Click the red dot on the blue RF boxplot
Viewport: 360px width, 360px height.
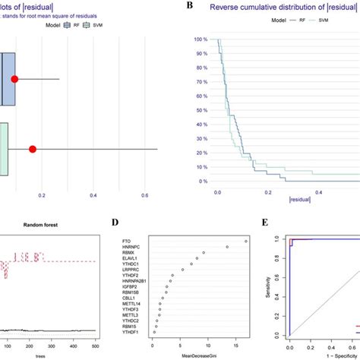click(x=15, y=79)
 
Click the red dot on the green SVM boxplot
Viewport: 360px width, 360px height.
click(x=33, y=149)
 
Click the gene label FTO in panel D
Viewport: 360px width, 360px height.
click(x=126, y=241)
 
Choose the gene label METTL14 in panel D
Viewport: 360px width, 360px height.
click(x=129, y=302)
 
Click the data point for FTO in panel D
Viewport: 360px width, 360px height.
click(x=245, y=241)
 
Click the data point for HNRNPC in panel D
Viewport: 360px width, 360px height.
click(x=225, y=247)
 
